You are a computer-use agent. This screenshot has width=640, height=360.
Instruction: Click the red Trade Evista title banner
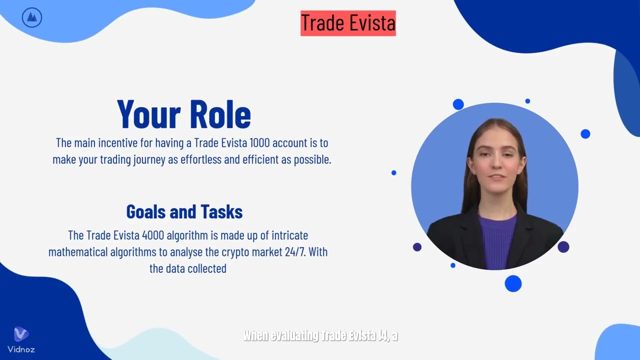(348, 23)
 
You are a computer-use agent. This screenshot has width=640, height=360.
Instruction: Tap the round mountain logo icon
(32, 18)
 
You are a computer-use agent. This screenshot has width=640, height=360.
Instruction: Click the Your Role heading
(184, 114)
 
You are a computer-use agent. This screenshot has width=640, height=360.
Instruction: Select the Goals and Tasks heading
(184, 211)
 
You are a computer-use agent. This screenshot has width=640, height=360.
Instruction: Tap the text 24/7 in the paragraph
(294, 251)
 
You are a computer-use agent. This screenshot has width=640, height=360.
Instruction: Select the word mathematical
(77, 251)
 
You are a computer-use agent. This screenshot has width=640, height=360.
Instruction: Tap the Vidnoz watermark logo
(21, 339)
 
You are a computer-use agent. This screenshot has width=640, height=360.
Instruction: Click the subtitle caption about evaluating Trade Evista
(320, 335)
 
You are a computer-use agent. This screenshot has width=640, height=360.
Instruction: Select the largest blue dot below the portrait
(513, 283)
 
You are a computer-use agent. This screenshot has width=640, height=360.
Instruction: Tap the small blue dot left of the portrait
(394, 172)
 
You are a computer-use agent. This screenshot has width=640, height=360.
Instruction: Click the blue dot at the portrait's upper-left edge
(458, 104)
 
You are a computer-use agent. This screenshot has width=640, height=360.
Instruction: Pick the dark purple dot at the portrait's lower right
(563, 246)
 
